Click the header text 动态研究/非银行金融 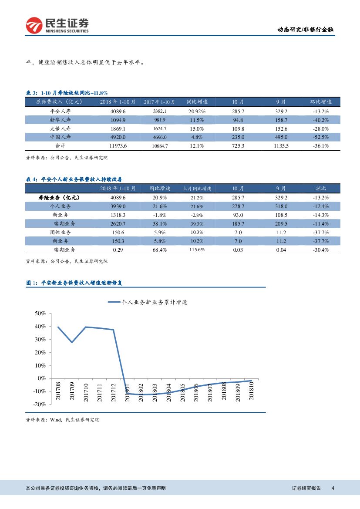pyautogui.click(x=306, y=30)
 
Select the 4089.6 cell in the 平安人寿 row pyautogui.click(x=118, y=111)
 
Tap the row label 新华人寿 pyautogui.click(x=60, y=120)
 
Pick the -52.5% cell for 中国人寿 pyautogui.click(x=320, y=137)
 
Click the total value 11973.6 pyautogui.click(x=118, y=146)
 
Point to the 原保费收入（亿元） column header pyautogui.click(x=59, y=102)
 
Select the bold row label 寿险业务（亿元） pyautogui.click(x=60, y=198)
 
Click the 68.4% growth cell pyautogui.click(x=160, y=250)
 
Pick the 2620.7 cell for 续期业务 pyautogui.click(x=118, y=224)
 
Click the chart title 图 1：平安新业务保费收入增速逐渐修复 pyautogui.click(x=75, y=283)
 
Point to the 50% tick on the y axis pyautogui.click(x=40, y=313)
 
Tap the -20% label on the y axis pyautogui.click(x=39, y=405)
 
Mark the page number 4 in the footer pyautogui.click(x=333, y=489)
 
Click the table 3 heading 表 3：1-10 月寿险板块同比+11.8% pyautogui.click(x=67, y=93)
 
